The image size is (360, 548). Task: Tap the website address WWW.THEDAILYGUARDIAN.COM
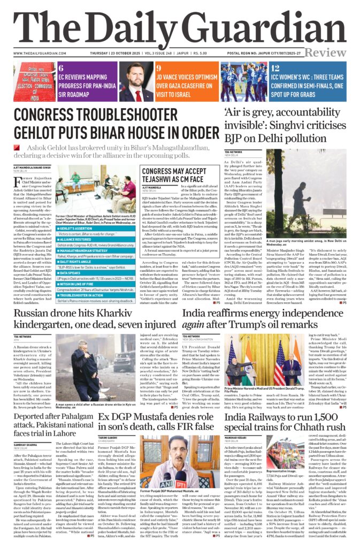tap(40, 53)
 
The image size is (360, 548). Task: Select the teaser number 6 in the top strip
tap(62, 68)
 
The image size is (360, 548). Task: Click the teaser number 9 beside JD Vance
tap(159, 68)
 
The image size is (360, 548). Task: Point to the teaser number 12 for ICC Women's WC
tap(275, 68)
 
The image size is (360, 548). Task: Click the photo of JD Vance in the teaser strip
tap(136, 82)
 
